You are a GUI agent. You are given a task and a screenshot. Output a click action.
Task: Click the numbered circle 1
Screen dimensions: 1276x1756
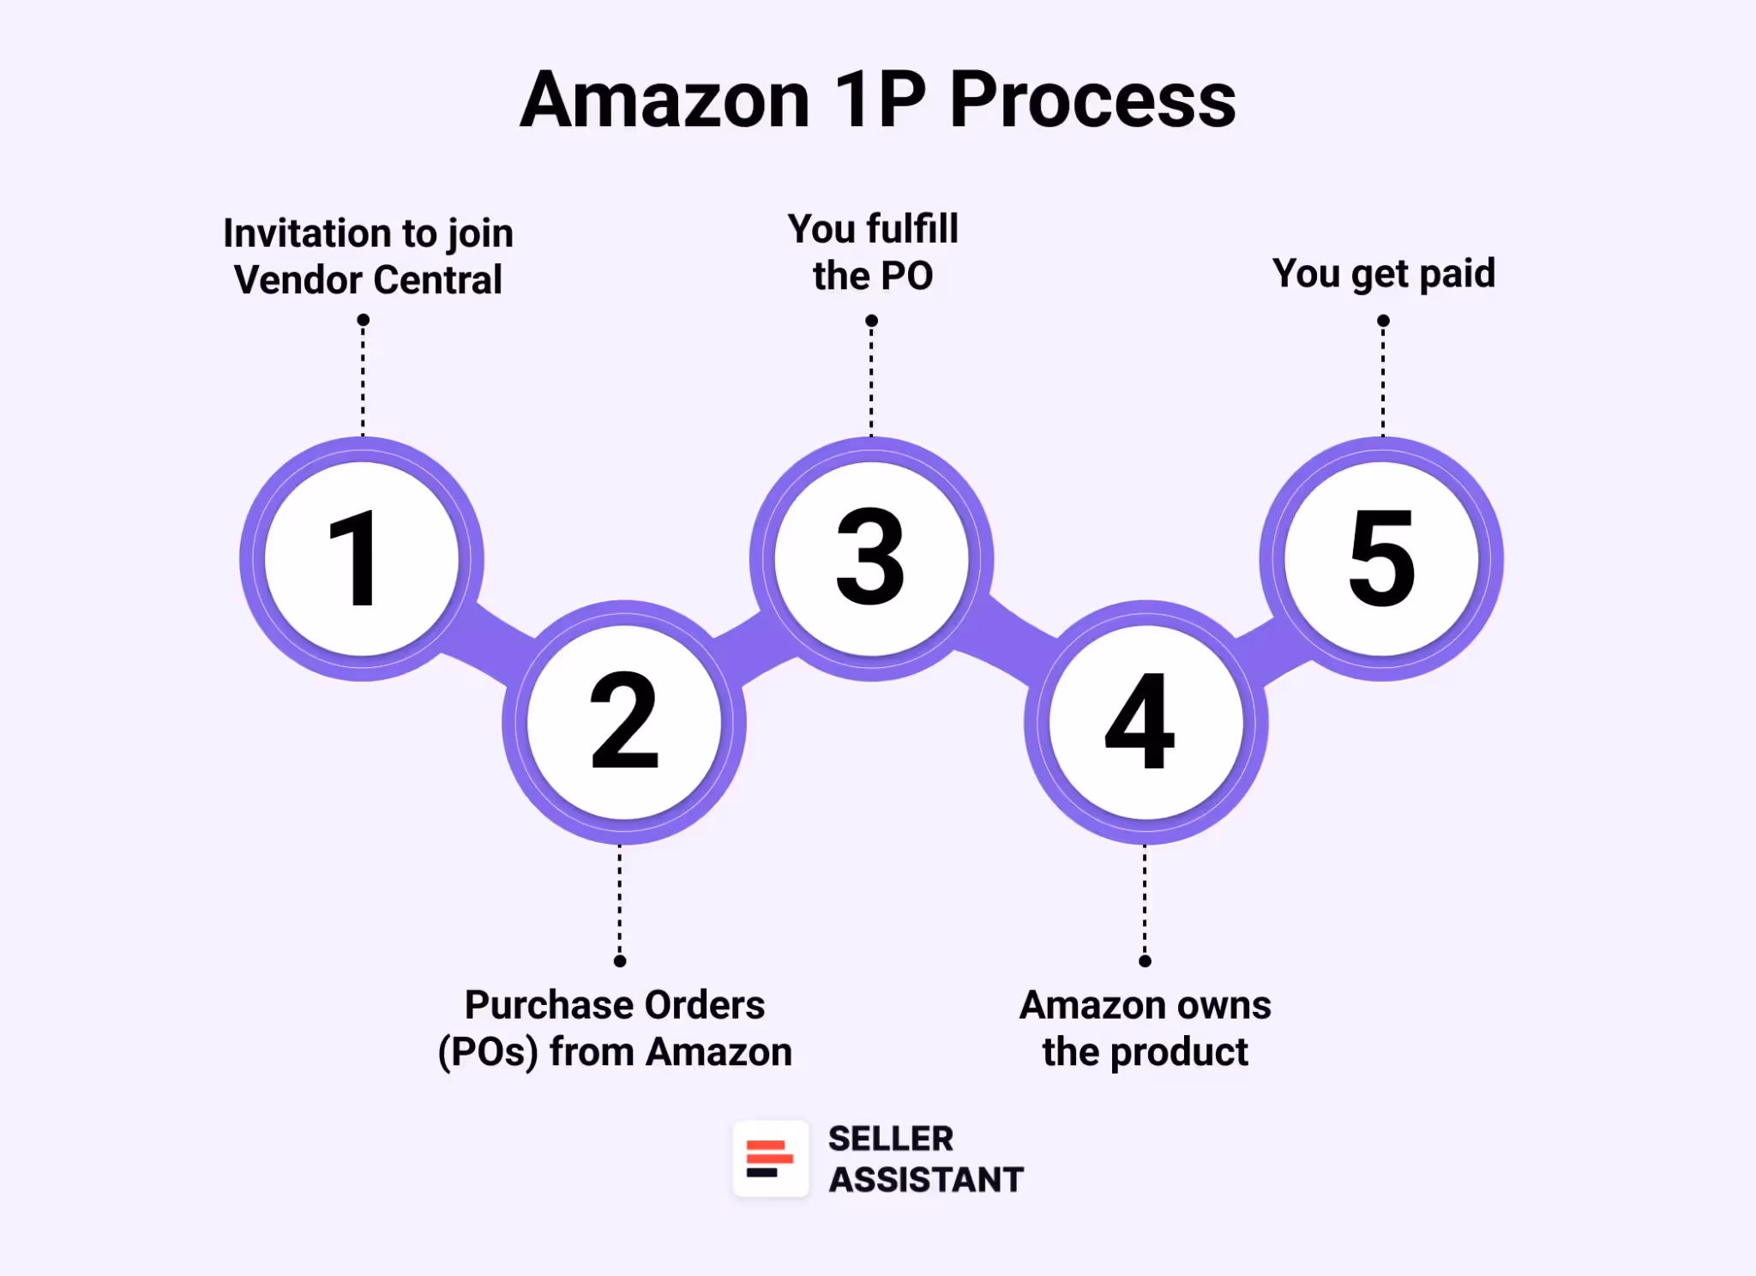point(362,559)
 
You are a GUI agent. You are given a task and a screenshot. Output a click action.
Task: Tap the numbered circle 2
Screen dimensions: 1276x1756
point(624,722)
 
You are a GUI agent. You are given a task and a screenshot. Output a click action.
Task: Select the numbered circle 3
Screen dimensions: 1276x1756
point(871,559)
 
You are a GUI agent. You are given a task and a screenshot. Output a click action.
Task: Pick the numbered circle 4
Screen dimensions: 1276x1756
point(1146,722)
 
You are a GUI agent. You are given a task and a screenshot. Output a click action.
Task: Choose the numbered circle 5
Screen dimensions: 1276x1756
point(1381,559)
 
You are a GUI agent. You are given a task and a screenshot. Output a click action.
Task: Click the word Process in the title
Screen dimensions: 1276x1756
point(1092,101)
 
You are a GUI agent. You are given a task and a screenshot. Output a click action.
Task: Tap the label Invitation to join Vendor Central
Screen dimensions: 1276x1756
point(369,256)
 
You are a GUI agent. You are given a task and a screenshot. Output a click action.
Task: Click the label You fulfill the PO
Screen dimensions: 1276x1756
point(873,252)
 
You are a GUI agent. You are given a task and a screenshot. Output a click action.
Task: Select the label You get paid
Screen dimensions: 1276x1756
point(1383,274)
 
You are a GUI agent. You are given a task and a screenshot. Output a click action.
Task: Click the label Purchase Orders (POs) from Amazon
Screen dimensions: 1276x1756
point(615,1028)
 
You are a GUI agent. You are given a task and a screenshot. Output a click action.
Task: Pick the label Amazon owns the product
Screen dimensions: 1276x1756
point(1146,1028)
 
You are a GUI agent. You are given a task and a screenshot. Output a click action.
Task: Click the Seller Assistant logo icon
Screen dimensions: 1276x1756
point(770,1159)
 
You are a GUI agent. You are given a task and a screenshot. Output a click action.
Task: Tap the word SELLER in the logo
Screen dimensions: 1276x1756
point(891,1139)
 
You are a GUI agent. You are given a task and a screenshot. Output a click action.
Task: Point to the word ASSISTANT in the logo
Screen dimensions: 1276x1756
point(926,1180)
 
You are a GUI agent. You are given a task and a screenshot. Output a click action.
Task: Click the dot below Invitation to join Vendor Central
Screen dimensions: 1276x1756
point(363,320)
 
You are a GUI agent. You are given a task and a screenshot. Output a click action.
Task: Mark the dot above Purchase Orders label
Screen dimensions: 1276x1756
point(620,961)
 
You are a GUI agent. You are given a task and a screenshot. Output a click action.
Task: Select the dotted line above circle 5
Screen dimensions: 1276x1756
point(1383,382)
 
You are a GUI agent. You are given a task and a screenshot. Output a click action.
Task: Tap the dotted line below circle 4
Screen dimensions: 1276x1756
point(1145,900)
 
